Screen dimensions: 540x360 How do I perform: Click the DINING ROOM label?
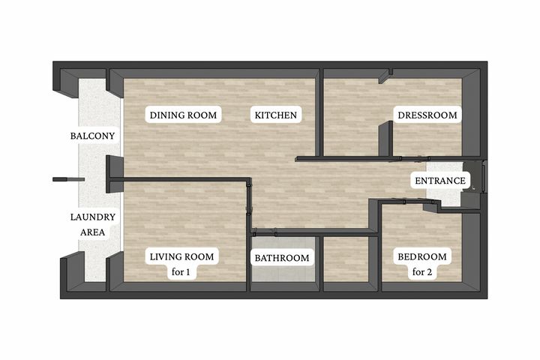(183, 115)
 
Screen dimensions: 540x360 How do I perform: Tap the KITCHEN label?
(275, 115)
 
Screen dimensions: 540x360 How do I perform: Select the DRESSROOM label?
(427, 115)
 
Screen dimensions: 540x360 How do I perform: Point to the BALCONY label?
(92, 136)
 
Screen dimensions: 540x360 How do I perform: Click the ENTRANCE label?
(440, 181)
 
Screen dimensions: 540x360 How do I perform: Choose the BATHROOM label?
(282, 258)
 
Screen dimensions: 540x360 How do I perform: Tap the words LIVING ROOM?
(181, 256)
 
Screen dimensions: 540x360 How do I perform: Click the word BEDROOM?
(422, 256)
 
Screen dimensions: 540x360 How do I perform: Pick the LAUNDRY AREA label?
(93, 224)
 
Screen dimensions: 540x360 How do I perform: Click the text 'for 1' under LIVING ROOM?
(181, 272)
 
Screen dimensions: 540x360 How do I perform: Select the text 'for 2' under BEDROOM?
(422, 272)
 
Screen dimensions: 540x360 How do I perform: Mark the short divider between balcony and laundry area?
(68, 179)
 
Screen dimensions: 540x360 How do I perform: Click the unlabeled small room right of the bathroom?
(346, 259)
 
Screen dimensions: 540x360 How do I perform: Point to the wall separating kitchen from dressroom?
(319, 113)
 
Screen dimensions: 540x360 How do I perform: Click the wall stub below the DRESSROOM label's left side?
(385, 139)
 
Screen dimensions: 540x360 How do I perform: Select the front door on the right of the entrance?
(484, 177)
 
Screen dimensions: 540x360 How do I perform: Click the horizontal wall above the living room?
(179, 179)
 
